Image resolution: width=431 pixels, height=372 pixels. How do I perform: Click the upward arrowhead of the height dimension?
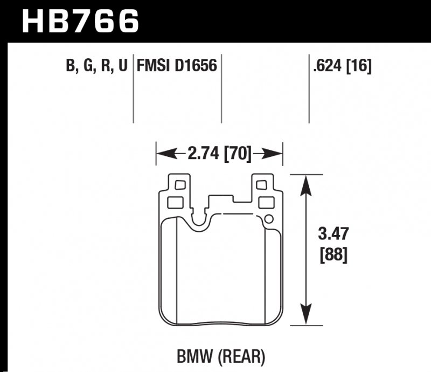[x=307, y=183]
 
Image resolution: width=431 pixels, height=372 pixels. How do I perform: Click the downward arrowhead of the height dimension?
[x=307, y=317]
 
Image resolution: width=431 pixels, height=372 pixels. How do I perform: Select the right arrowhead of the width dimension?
[x=276, y=155]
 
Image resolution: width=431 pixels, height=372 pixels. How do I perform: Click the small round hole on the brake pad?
[x=269, y=219]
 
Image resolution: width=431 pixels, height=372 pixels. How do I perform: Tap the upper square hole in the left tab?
[x=180, y=185]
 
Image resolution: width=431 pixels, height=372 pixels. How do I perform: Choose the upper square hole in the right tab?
[x=262, y=185]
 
